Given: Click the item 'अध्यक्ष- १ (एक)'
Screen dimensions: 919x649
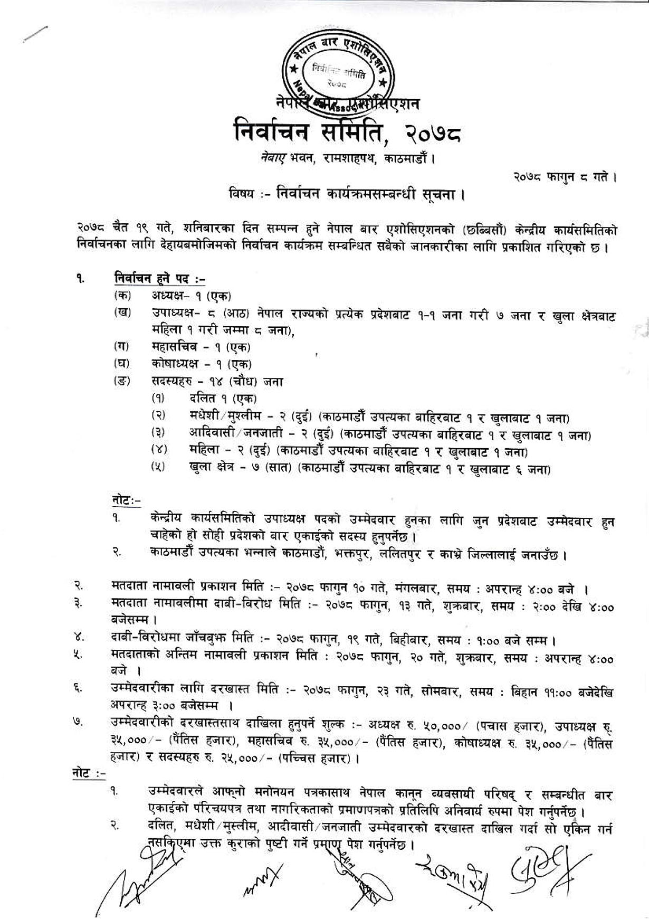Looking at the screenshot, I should tap(192, 296).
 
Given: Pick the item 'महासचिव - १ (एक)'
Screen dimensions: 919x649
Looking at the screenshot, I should tap(201, 347).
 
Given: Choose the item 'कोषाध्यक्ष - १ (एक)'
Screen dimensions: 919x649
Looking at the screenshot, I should tap(201, 364).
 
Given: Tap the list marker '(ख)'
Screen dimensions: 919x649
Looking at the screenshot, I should tap(122, 313).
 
